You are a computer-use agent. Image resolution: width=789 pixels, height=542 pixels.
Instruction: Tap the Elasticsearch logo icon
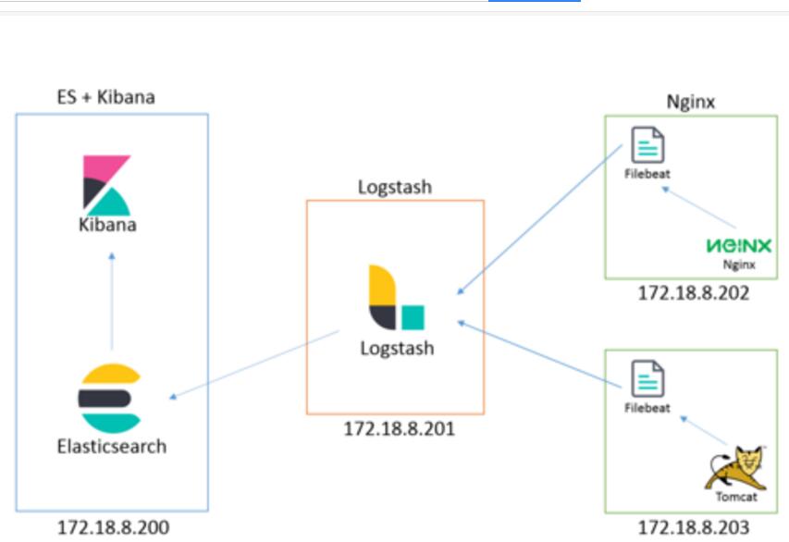point(109,399)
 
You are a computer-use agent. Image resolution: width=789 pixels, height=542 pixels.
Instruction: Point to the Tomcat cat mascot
point(734,468)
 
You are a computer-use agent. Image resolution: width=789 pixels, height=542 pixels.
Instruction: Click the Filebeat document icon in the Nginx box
point(647,145)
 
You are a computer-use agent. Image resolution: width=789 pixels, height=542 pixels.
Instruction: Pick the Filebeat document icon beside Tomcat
point(647,377)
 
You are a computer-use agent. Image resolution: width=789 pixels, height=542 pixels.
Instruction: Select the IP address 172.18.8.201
point(399,429)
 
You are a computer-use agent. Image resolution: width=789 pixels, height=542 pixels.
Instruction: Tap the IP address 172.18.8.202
point(693,293)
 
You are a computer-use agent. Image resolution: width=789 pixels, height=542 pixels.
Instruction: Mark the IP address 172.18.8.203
point(693,528)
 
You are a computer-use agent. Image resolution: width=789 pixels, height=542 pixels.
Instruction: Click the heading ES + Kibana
point(105,97)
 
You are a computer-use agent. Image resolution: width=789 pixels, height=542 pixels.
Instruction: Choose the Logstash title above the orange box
point(395,187)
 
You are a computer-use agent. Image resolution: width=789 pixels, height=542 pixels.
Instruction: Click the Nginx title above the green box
point(691,102)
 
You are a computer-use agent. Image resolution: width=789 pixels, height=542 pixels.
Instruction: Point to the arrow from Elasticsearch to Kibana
point(111,301)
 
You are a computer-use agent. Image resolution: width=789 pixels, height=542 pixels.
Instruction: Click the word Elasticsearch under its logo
point(111,447)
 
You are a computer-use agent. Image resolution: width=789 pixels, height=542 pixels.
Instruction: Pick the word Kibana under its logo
point(107,224)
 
